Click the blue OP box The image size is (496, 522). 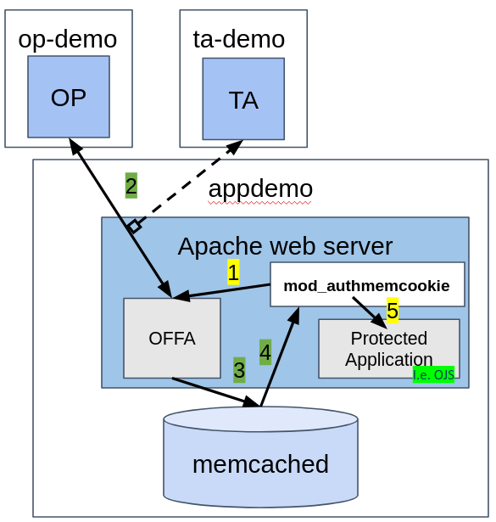pos(69,97)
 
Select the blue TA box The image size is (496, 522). pos(243,98)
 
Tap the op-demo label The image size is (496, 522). pos(68,40)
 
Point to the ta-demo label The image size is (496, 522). pos(239,40)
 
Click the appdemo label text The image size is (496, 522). pos(260,189)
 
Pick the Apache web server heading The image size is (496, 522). pos(285,247)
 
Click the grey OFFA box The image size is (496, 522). pos(172,338)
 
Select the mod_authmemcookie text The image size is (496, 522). pos(366,286)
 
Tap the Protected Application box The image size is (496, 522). pos(389,349)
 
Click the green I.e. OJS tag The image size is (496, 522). pos(433,375)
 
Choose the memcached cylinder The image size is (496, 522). pos(260,457)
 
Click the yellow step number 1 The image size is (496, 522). pos(233,272)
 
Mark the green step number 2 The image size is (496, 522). pos(131,185)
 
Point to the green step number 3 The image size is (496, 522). pos(239,370)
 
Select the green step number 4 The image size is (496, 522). pos(265,352)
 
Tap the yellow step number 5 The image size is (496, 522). pos(393,311)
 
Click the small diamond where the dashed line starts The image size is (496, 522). pos(135,226)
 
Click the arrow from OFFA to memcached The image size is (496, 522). pos(215,392)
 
